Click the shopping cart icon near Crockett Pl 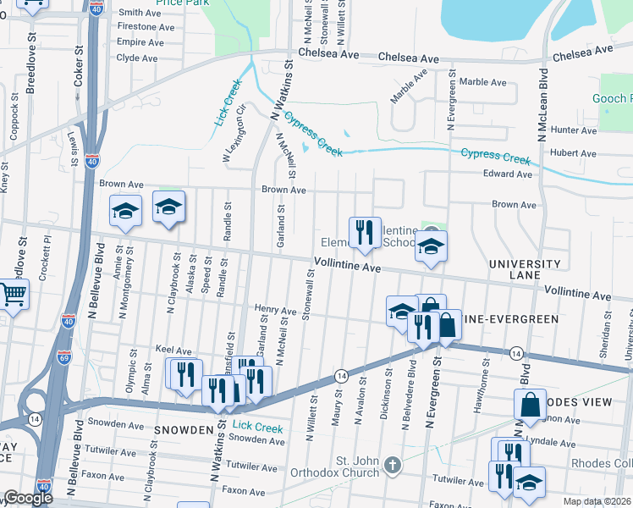(13, 295)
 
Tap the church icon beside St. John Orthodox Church (392, 465)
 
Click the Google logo (28, 497)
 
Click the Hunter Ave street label (574, 130)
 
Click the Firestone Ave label (140, 27)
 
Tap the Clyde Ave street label (136, 58)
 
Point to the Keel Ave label (173, 351)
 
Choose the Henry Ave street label (275, 311)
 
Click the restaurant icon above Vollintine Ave (365, 233)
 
